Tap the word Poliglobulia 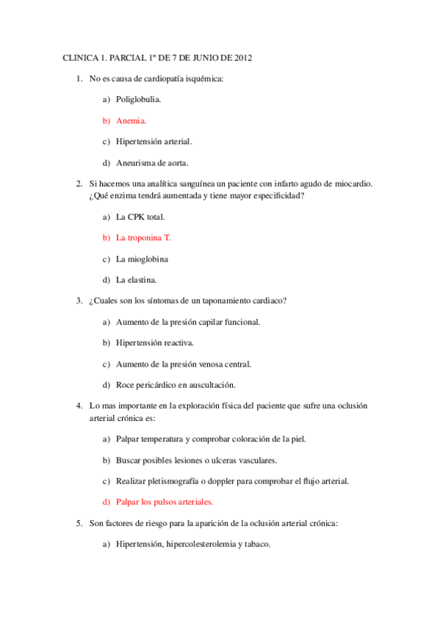pyautogui.click(x=139, y=98)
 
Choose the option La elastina pyautogui.click(x=137, y=280)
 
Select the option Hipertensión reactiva pyautogui.click(x=155, y=342)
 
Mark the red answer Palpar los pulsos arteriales pyautogui.click(x=165, y=502)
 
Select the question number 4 pyautogui.click(x=79, y=406)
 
